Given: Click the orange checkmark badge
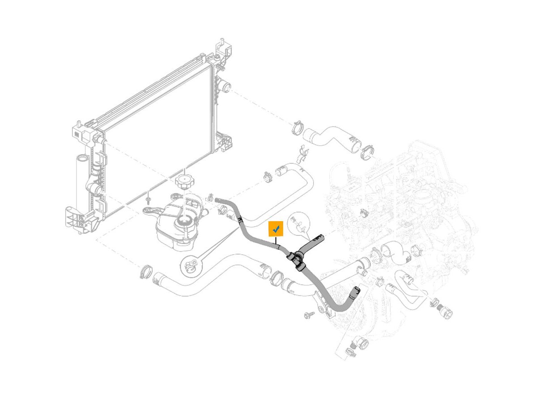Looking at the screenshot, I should point(276,229).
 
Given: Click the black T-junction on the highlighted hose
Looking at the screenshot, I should point(295,259).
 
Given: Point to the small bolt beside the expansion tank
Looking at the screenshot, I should point(147,197).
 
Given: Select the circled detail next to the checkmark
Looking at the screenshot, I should point(298,224).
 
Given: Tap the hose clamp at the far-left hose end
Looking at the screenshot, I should point(145,271).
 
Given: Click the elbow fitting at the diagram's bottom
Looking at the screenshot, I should point(359,345).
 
